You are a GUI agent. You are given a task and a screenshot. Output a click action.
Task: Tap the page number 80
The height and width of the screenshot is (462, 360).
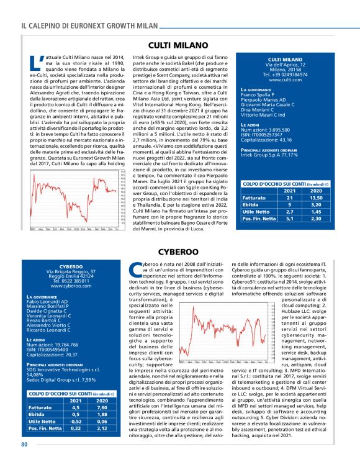(x=24, y=445)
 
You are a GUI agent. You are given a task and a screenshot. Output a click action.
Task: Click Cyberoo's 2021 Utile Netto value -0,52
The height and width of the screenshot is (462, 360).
(x=75, y=420)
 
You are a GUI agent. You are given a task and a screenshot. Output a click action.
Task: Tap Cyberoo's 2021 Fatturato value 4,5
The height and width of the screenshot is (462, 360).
(x=75, y=407)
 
